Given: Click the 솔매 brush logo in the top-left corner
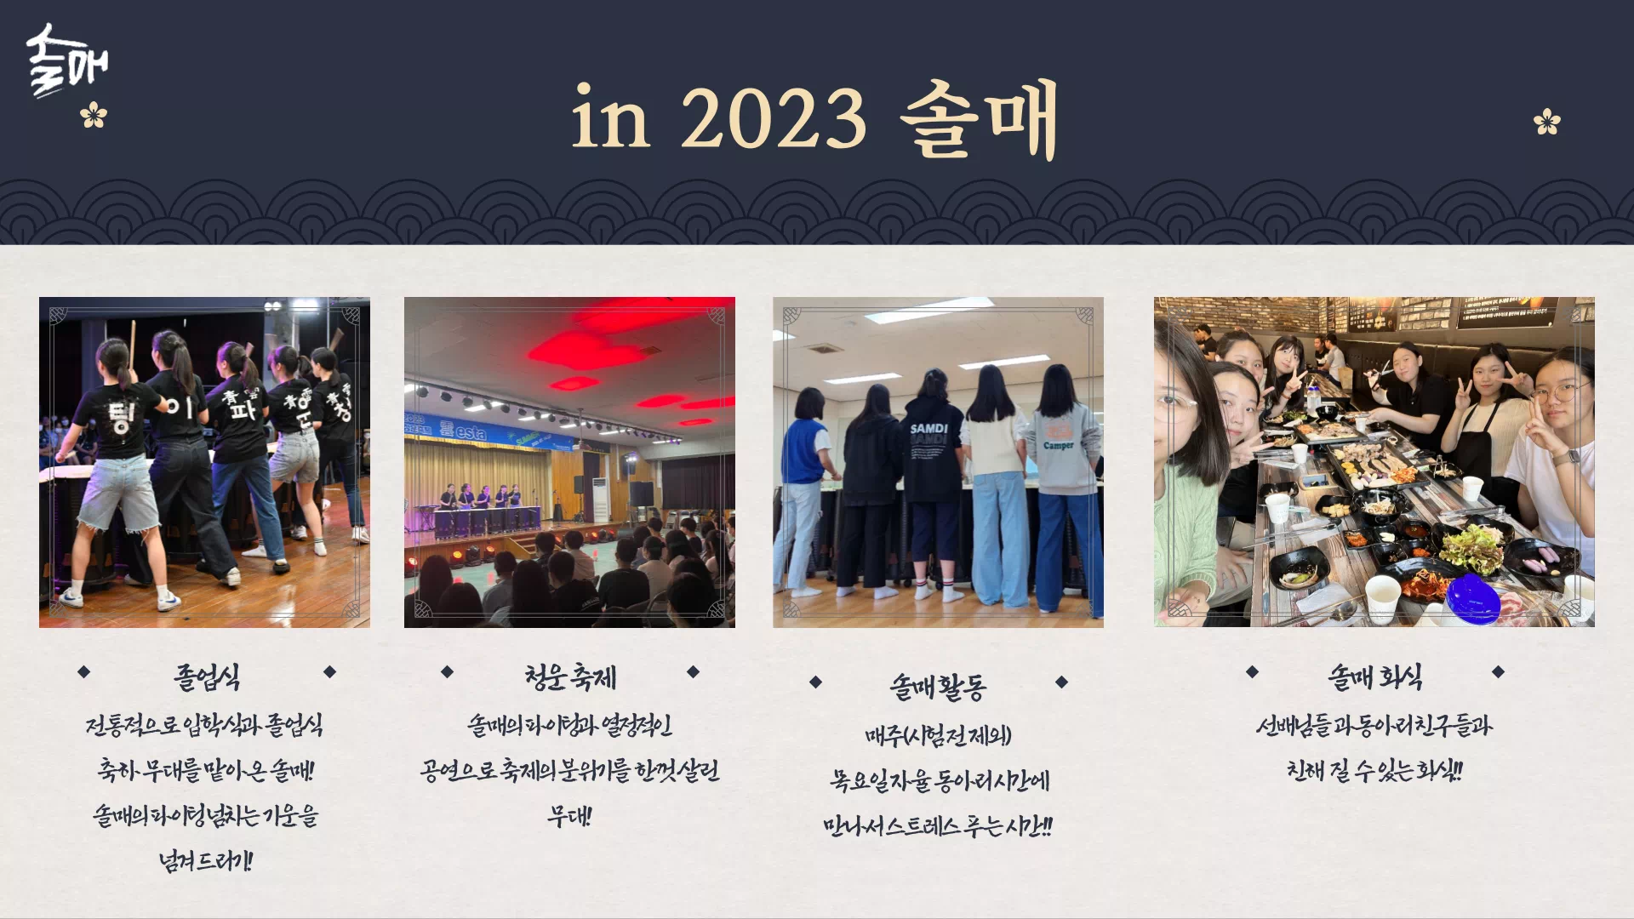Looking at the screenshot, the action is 66,60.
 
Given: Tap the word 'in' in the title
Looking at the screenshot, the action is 610,118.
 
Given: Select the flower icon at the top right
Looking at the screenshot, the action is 1546,122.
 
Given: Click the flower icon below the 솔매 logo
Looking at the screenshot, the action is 94,115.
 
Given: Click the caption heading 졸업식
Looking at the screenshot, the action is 207,677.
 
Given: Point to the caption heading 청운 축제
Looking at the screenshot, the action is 569,676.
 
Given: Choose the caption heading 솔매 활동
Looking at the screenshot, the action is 938,686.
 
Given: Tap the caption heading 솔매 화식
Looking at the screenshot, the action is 1374,677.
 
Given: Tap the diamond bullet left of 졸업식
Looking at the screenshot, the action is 83,672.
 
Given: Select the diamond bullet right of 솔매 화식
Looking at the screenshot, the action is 1498,672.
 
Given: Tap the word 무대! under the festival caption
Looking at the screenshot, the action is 569,816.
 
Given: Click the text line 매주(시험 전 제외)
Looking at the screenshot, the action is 938,735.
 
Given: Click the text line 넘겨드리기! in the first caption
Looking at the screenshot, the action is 206,861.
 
